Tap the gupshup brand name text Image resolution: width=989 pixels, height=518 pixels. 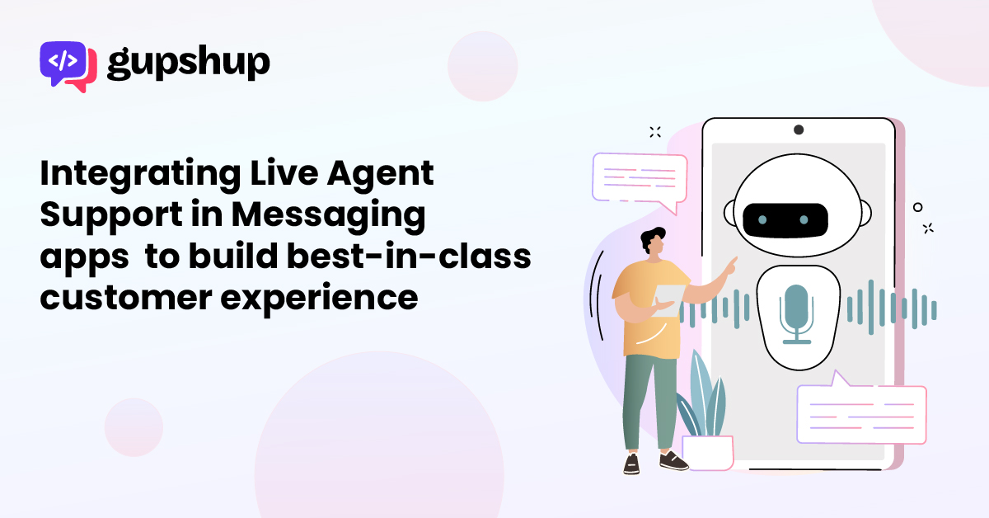click(x=189, y=63)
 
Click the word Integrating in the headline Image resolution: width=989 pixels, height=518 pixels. click(x=140, y=175)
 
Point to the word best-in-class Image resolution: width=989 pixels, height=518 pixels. click(x=409, y=256)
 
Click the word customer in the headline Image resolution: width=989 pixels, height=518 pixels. click(x=126, y=298)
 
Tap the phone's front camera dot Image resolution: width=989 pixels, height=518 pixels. click(x=799, y=130)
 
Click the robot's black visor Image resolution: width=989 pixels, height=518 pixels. click(x=785, y=220)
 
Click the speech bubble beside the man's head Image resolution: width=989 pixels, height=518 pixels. click(x=640, y=181)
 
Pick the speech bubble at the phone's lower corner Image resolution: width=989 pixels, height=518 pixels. click(x=861, y=411)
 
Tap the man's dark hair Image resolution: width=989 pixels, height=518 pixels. click(x=652, y=238)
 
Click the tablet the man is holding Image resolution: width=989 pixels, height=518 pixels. click(x=668, y=300)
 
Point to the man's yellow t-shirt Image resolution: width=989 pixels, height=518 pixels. click(x=650, y=309)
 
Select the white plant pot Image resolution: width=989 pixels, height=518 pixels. click(x=708, y=453)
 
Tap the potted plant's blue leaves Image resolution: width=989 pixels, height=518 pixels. click(x=703, y=398)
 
